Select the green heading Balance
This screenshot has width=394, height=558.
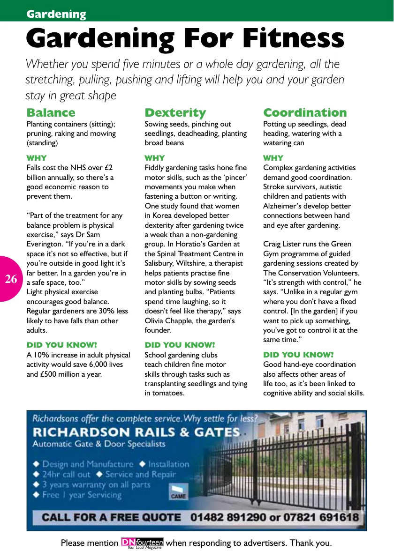click(x=51, y=112)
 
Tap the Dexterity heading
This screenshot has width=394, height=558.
click(x=175, y=112)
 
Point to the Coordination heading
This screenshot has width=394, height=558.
click(x=305, y=112)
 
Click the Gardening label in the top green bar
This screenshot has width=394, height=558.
click(x=56, y=14)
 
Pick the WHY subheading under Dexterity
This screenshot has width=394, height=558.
click(x=155, y=158)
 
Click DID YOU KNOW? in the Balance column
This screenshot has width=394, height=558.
click(x=61, y=345)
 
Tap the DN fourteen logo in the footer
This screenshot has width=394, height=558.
click(x=142, y=543)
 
